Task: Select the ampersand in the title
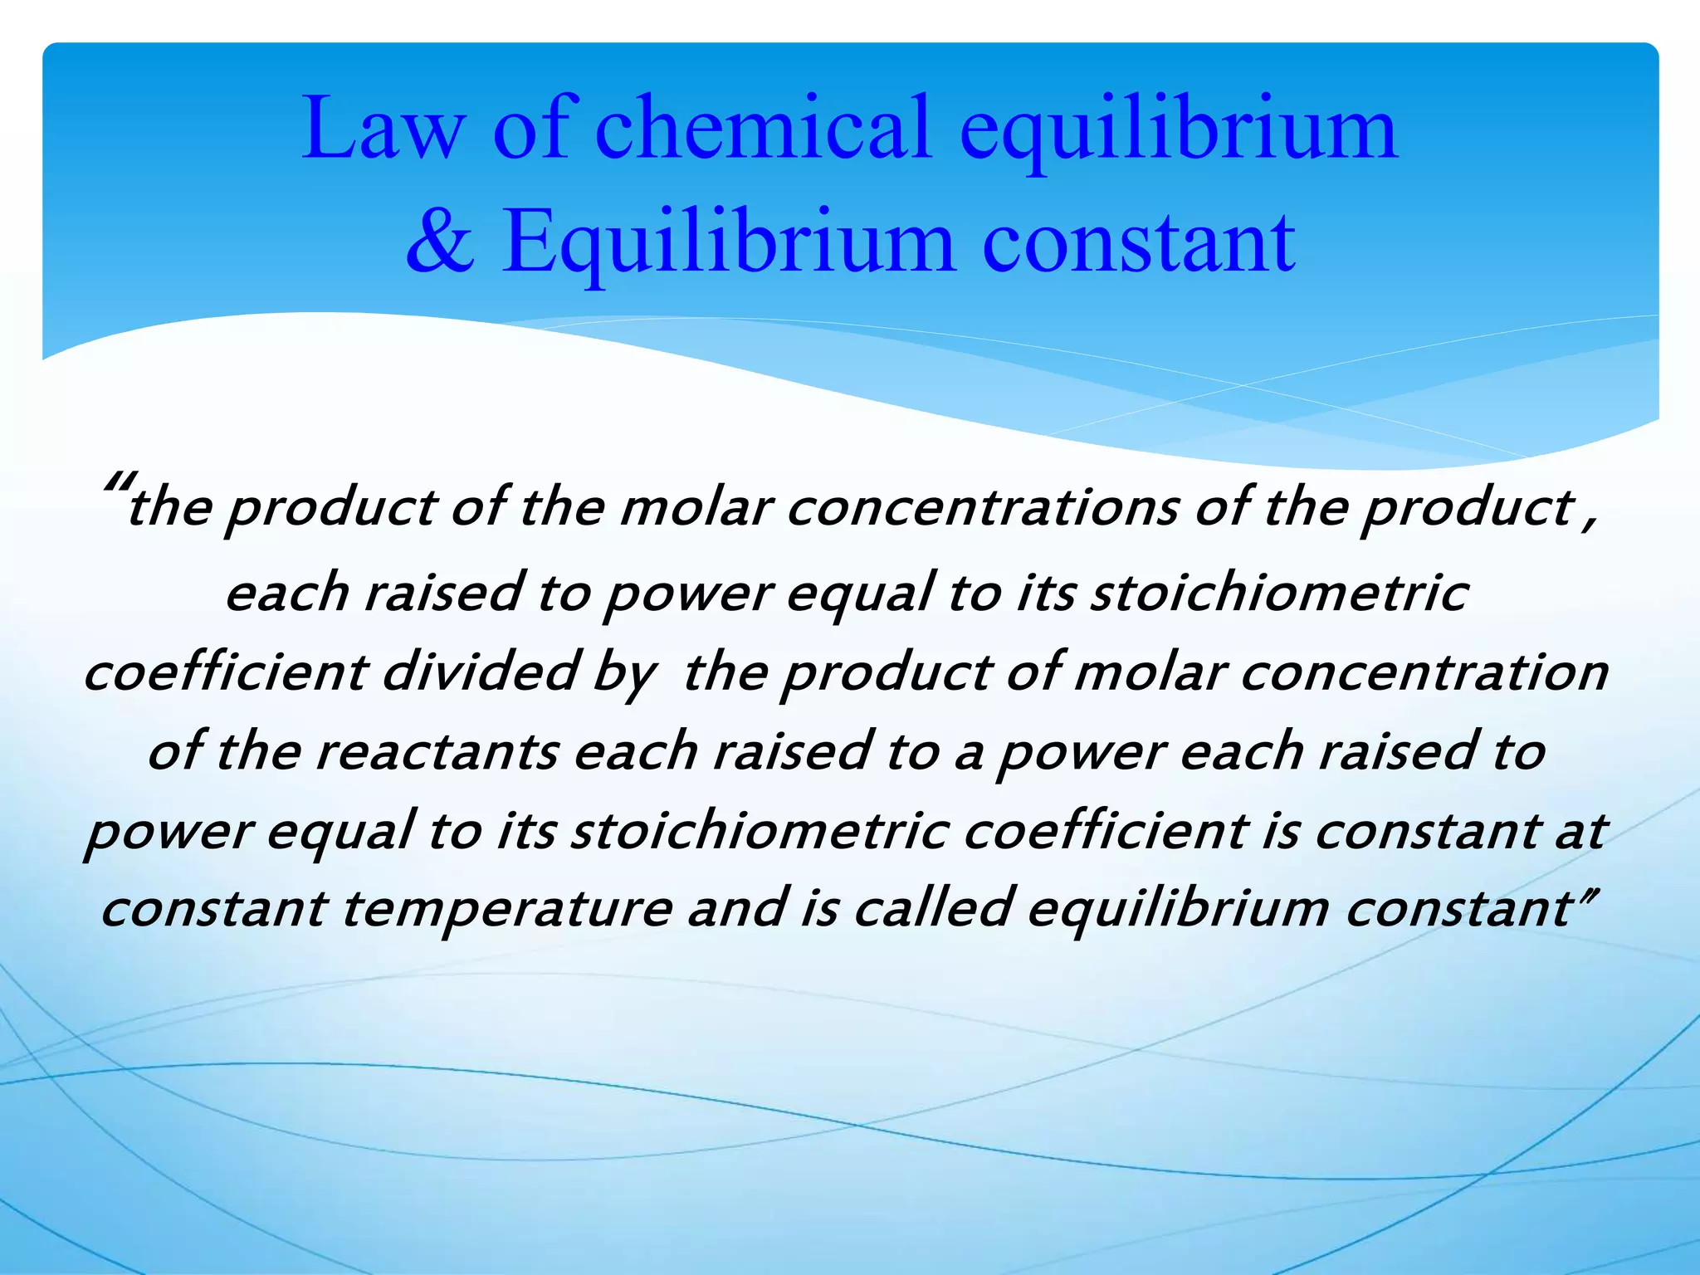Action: pos(441,242)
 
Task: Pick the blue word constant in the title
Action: pos(1139,242)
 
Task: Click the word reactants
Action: pos(436,751)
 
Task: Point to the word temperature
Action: pos(506,908)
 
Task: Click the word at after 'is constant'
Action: pos(1580,830)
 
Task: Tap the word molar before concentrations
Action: pos(696,508)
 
